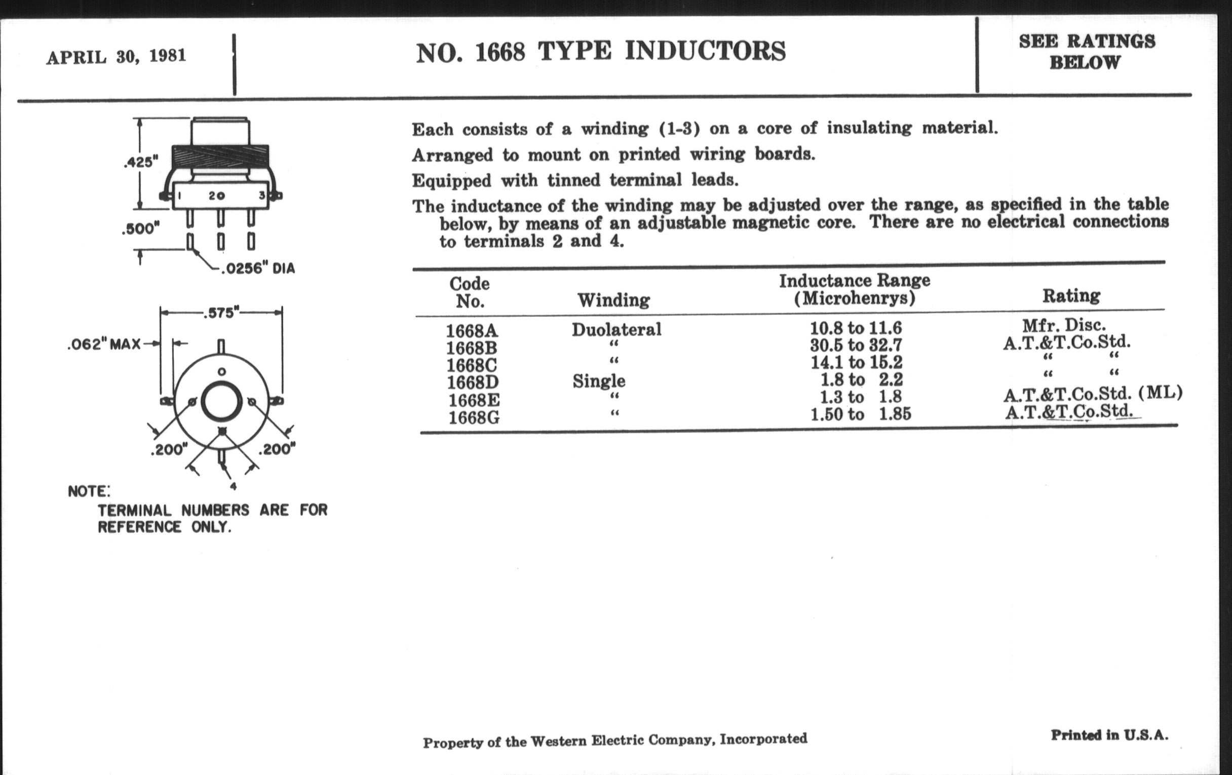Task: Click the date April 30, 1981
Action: (116, 56)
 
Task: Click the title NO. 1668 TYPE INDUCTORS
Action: (601, 52)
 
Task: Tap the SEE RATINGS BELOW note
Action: (1086, 52)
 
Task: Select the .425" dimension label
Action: (141, 162)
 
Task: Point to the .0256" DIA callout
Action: (257, 268)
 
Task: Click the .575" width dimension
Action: (221, 313)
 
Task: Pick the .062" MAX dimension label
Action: (104, 344)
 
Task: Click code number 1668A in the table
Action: (471, 330)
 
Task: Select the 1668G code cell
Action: (474, 418)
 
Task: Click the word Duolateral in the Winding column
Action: (617, 329)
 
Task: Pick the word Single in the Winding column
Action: (599, 380)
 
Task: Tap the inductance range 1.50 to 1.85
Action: (861, 414)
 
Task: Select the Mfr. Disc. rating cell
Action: (1064, 325)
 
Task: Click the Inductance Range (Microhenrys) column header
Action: (855, 289)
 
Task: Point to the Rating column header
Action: (1071, 296)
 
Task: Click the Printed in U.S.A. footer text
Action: (1110, 735)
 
